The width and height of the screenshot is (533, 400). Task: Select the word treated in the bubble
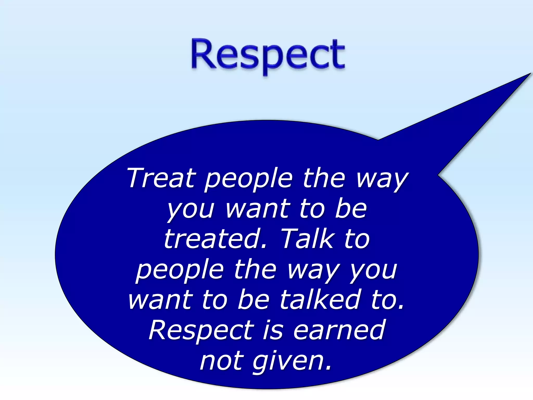(215, 239)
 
